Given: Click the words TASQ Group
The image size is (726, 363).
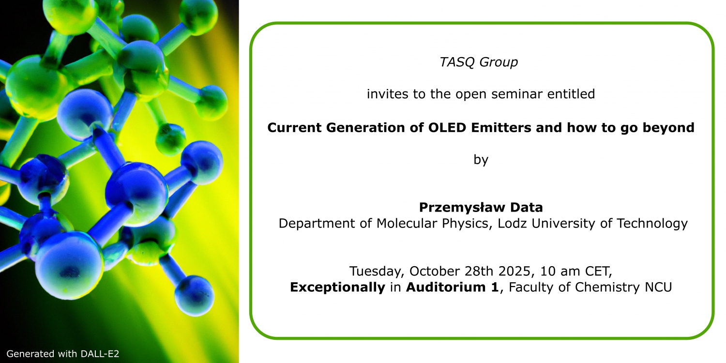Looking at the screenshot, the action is click(479, 62).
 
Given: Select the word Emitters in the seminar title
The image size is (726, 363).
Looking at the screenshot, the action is click(501, 127).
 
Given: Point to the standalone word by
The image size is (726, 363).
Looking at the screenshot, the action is click(481, 160).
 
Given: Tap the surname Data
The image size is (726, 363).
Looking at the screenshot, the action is click(527, 208).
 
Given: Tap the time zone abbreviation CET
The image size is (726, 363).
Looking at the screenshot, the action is click(599, 271).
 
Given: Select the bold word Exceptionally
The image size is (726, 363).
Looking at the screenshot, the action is click(337, 287).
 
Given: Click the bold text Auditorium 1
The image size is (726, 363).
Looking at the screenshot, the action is click(453, 287).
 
